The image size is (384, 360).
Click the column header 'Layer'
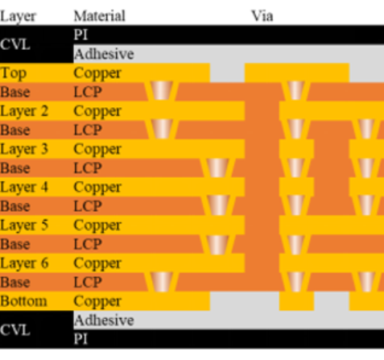tap(18, 16)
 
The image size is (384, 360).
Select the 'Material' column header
tap(100, 16)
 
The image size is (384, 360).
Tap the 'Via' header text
tap(262, 16)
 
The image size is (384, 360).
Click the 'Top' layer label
tap(14, 73)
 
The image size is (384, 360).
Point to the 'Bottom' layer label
tap(23, 301)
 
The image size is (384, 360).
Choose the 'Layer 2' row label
tap(24, 111)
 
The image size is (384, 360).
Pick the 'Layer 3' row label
tap(24, 149)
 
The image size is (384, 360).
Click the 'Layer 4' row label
tap(24, 188)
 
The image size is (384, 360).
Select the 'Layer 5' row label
tap(24, 226)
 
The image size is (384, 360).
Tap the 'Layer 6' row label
tap(24, 263)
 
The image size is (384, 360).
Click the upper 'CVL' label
tap(15, 44)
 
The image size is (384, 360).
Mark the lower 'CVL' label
tap(15, 329)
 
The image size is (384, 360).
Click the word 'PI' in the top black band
tap(81, 35)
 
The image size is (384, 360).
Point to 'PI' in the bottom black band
tap(81, 339)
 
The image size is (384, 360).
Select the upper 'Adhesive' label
tap(104, 54)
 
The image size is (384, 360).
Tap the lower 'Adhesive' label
tap(104, 321)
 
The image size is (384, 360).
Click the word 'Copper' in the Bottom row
tap(97, 302)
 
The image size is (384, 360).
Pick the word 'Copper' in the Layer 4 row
tap(97, 188)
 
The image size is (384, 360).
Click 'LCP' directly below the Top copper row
tap(88, 92)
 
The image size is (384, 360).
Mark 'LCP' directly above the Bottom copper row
tap(88, 283)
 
